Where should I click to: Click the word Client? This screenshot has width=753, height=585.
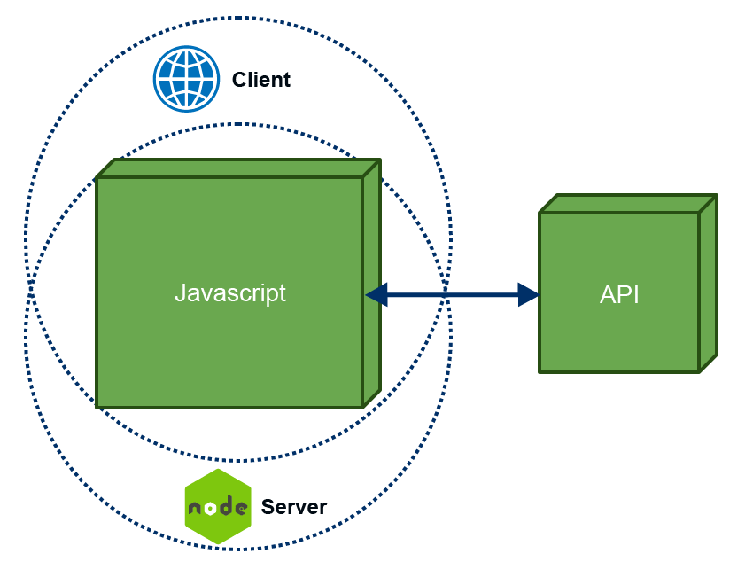[x=260, y=80]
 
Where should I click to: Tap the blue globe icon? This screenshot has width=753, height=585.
[x=185, y=79]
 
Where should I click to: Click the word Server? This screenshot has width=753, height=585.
[x=293, y=507]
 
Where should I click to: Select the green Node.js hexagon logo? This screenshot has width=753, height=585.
[x=218, y=507]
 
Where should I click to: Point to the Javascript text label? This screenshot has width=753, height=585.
[x=230, y=293]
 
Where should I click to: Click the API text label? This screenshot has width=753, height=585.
[x=619, y=294]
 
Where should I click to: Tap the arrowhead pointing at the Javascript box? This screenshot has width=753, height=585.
[x=376, y=294]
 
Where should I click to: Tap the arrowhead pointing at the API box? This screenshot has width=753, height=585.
[x=529, y=294]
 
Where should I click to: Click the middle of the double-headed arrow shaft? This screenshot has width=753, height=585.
[x=452, y=294]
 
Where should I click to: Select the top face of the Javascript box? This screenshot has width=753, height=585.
[x=237, y=168]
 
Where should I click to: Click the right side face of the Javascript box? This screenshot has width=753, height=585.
[x=371, y=284]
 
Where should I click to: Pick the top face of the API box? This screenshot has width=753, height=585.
[x=627, y=204]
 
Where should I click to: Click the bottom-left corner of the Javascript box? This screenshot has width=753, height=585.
[x=97, y=407]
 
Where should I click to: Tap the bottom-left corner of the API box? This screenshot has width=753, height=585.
[x=540, y=371]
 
